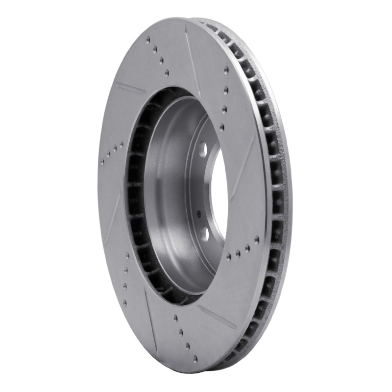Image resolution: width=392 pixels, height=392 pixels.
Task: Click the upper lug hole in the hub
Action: (203, 147)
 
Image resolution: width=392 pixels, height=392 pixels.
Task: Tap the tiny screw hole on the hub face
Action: (198, 214)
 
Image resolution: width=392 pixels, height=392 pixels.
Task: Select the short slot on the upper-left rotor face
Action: (129, 88)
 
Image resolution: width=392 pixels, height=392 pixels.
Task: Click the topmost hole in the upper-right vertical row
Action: (226, 70)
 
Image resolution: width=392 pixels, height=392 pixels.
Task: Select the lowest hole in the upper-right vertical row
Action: (222, 127)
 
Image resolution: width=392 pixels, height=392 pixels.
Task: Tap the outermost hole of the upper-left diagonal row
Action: (148, 39)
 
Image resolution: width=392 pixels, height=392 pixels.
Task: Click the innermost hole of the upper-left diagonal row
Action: (167, 72)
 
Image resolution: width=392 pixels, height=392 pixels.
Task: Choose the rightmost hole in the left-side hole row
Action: (121, 144)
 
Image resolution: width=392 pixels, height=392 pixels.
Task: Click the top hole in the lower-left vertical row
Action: (127, 255)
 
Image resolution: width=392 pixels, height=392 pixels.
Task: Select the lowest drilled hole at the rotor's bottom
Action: (195, 359)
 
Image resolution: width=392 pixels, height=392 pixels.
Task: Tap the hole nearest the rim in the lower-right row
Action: (257, 239)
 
